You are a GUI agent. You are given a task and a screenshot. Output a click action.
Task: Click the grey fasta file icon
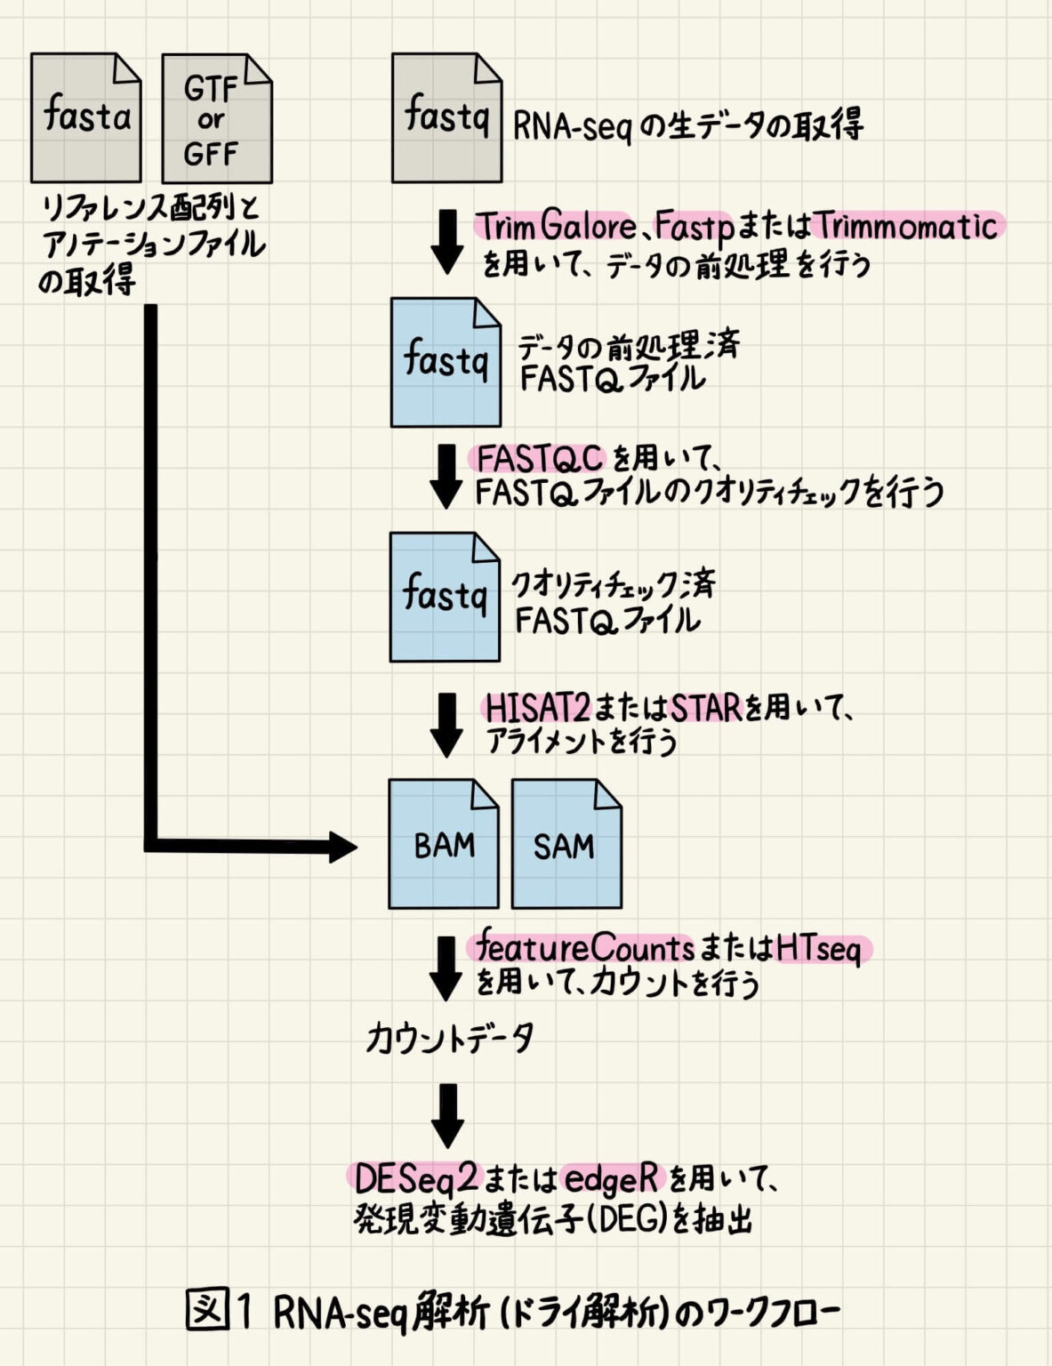pos(86,117)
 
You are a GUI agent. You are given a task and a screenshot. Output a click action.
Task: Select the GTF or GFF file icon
pos(216,118)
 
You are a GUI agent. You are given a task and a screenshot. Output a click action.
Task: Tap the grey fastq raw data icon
pos(446,117)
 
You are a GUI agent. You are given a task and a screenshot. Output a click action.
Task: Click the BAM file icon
pos(443,844)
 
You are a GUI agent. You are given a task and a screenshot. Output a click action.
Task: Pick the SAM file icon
pos(566,844)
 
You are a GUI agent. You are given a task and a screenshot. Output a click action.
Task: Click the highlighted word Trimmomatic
pos(907,226)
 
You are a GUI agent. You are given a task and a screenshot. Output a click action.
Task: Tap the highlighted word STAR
pos(706,709)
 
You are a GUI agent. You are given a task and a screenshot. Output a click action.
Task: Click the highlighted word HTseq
pos(819,949)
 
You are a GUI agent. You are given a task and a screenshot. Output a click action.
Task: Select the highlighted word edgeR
pos(612,1179)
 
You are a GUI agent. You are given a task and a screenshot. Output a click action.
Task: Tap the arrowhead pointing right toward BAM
pos(341,847)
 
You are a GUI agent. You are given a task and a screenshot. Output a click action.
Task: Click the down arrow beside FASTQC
pos(446,477)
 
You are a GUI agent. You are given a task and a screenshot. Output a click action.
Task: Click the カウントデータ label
pos(450,1038)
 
